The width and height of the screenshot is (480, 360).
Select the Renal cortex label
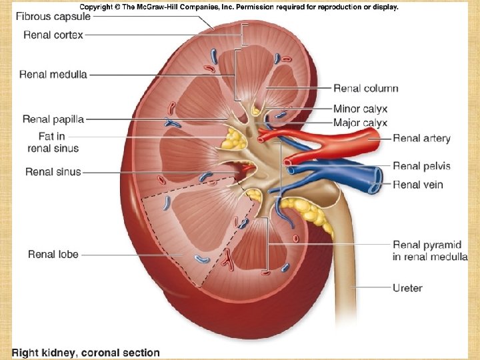pyautogui.click(x=53, y=35)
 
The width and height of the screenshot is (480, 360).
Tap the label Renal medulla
pyautogui.click(x=53, y=75)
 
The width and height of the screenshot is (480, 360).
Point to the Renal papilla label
pyautogui.click(x=53, y=119)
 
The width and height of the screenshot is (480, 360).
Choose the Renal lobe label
pyautogui.click(x=53, y=254)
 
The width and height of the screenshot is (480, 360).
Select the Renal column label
pyautogui.click(x=366, y=88)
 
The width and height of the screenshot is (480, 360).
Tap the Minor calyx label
pyautogui.click(x=360, y=109)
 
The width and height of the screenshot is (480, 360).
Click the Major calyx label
pyautogui.click(x=360, y=123)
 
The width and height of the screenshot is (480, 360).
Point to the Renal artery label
pyautogui.click(x=421, y=139)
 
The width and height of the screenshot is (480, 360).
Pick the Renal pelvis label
pyautogui.click(x=421, y=166)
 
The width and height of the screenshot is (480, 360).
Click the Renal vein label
pyautogui.click(x=418, y=185)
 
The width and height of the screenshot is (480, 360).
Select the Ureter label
pyautogui.click(x=407, y=288)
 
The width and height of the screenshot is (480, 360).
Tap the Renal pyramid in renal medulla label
pyautogui.click(x=430, y=251)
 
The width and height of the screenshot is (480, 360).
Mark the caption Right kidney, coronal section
pyautogui.click(x=85, y=353)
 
